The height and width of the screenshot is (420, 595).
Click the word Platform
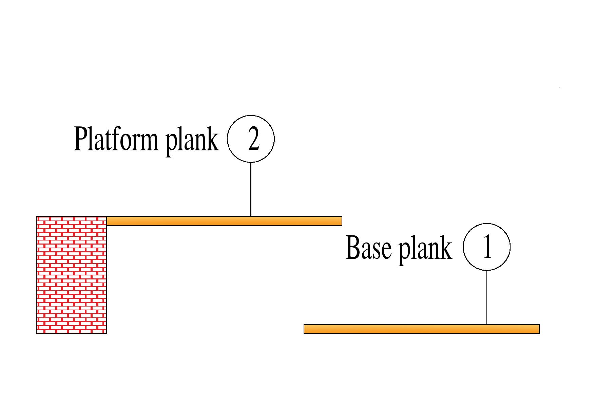pyautogui.click(x=116, y=139)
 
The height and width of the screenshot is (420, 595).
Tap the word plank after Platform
pyautogui.click(x=192, y=140)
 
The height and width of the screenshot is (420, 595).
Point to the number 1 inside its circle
pyautogui.click(x=487, y=247)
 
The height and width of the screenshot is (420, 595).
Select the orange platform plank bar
pyautogui.click(x=224, y=221)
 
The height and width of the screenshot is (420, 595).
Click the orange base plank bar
pyautogui.click(x=421, y=329)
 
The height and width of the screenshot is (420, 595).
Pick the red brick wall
pyautogui.click(x=72, y=275)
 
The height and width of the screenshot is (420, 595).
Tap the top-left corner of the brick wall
pyautogui.click(x=37, y=216)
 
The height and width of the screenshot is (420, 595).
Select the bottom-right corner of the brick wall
pyautogui.click(x=107, y=333)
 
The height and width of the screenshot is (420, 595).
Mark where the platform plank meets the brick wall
pyautogui.click(x=107, y=221)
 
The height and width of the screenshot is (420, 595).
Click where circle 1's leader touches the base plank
pyautogui.click(x=487, y=324)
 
